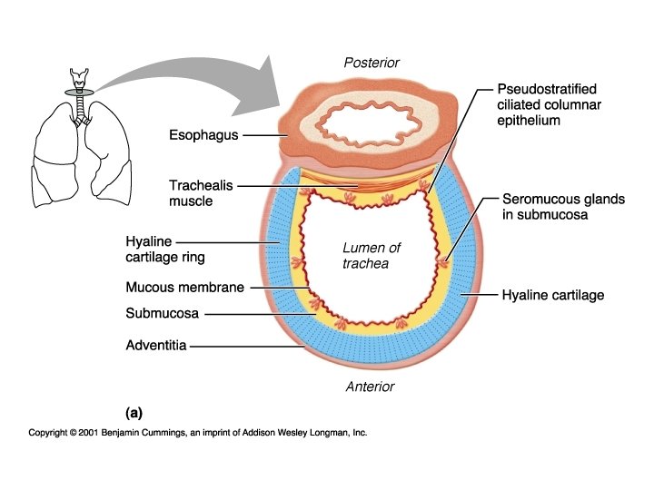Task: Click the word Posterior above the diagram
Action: click(372, 63)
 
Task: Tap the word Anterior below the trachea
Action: click(371, 387)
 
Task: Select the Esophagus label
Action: click(203, 136)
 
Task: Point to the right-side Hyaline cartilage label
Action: click(552, 295)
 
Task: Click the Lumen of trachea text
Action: click(372, 256)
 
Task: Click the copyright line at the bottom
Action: click(198, 434)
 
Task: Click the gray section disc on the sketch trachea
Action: click(83, 93)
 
